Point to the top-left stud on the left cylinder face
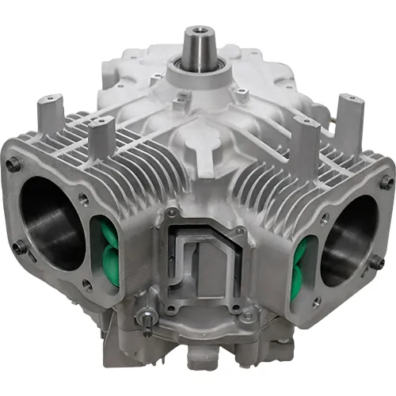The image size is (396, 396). click(x=13, y=165)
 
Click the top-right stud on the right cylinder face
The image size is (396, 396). click(x=386, y=182)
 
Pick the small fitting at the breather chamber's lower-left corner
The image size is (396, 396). click(x=145, y=320)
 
